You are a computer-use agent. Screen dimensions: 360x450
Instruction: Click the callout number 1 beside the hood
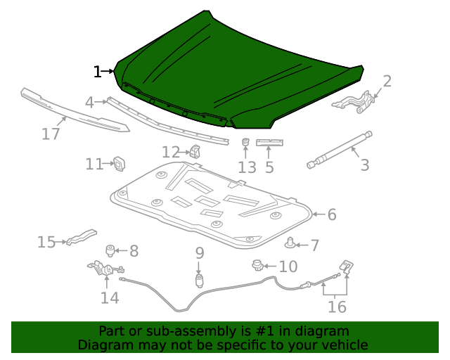tap(97, 71)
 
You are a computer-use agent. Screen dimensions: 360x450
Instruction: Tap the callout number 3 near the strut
tap(364, 165)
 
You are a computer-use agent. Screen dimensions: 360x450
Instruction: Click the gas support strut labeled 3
tap(338, 149)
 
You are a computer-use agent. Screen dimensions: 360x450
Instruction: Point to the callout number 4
tap(89, 103)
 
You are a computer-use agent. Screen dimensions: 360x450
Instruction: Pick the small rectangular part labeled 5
tap(269, 143)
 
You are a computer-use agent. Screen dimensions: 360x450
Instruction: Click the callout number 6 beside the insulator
tap(331, 214)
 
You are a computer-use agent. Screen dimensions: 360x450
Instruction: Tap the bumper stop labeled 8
tap(110, 250)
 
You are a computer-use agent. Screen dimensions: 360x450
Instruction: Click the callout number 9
tap(200, 252)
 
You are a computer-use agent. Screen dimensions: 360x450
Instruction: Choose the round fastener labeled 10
tap(257, 265)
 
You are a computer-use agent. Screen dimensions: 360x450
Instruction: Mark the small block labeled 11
tap(119, 163)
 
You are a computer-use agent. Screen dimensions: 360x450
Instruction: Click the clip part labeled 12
tap(195, 150)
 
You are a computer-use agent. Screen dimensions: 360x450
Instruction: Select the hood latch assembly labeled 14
tap(104, 269)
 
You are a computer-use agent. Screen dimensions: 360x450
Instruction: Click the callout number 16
tap(337, 307)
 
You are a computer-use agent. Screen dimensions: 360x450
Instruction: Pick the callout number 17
tap(51, 134)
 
